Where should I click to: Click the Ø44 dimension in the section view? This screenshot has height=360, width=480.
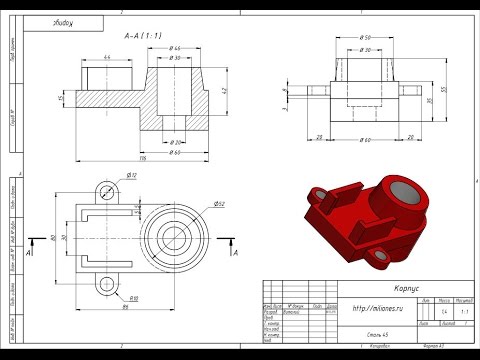[175, 48]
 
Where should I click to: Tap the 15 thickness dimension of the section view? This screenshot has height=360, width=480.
[61, 98]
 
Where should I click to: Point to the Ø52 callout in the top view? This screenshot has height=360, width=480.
[218, 205]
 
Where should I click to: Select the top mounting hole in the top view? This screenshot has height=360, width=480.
[103, 192]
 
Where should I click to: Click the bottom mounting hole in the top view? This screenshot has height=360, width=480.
[103, 285]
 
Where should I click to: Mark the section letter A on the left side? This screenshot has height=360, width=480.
[29, 253]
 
